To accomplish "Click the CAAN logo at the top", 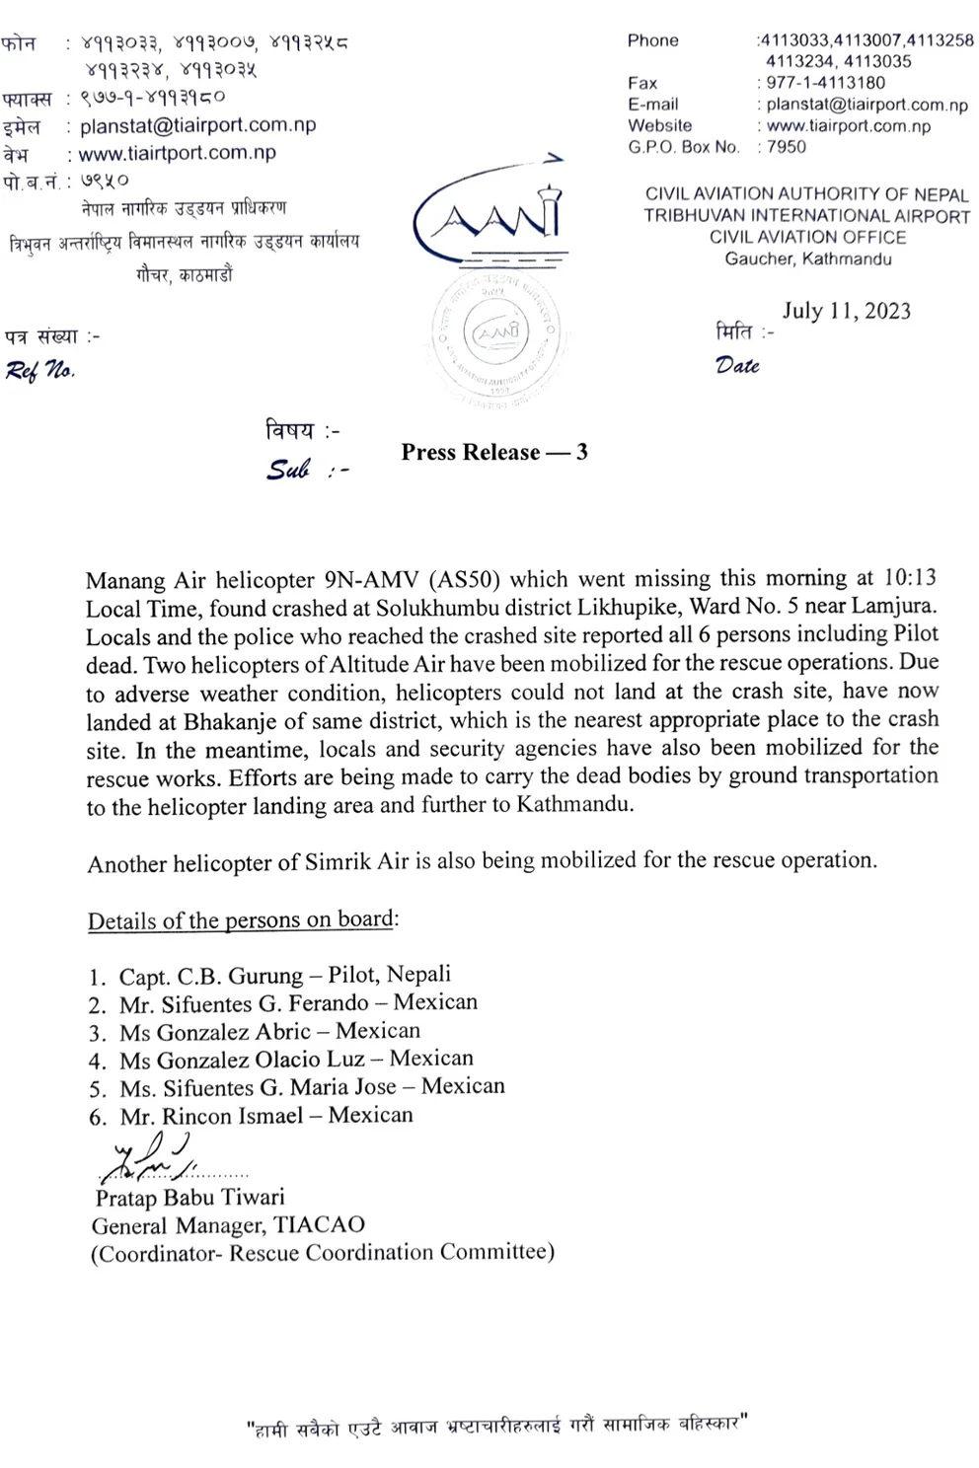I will click(x=489, y=217).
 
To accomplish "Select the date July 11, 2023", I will click(x=846, y=311).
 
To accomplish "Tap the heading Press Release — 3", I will click(x=493, y=452).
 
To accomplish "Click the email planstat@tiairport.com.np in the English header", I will click(x=866, y=105).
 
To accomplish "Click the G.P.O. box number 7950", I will click(x=786, y=147).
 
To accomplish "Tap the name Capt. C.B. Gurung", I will click(x=210, y=977).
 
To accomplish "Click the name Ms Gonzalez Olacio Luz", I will click(x=250, y=1061).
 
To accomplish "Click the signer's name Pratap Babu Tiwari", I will click(x=189, y=1198).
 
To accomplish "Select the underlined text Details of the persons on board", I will click(x=241, y=920).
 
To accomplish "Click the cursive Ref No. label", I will click(x=39, y=370).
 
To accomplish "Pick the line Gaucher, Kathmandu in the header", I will click(x=807, y=259).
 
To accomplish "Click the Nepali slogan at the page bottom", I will click(x=496, y=1426).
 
